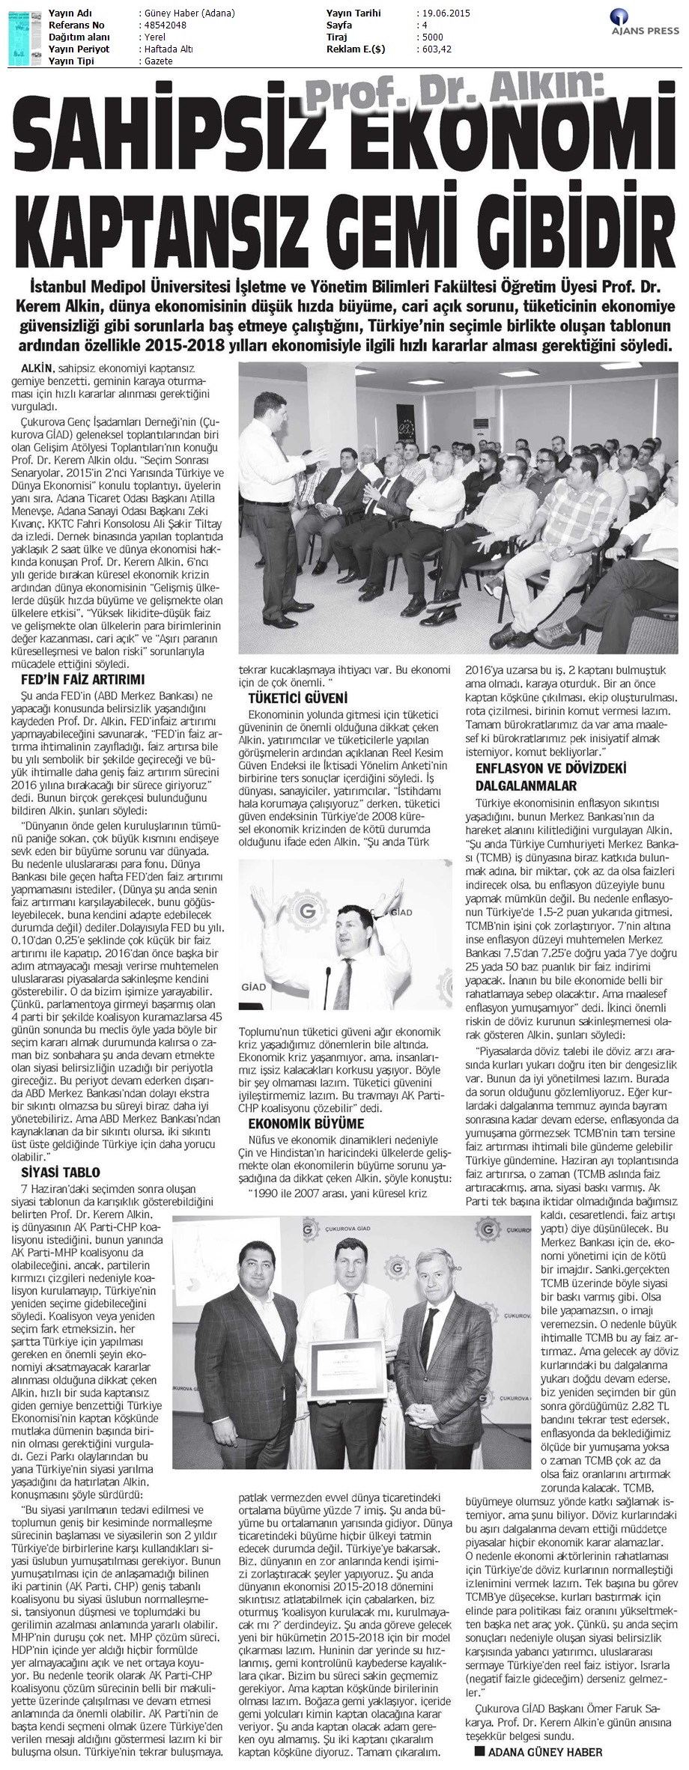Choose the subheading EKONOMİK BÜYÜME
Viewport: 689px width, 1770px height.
point(306,1124)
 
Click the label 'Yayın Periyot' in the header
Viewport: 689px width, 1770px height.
point(78,49)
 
